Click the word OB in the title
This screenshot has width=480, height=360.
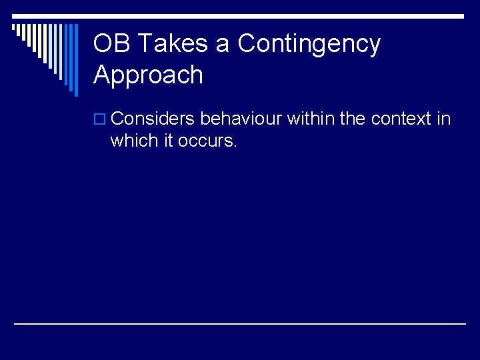click(x=109, y=44)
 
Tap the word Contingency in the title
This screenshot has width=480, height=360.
click(x=309, y=44)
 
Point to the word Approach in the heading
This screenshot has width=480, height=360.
click(x=148, y=75)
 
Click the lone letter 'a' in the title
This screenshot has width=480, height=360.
click(x=222, y=45)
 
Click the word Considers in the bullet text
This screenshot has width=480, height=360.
click(x=153, y=119)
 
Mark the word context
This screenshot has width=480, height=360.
click(x=401, y=119)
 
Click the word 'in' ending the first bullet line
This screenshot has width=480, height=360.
click(x=443, y=119)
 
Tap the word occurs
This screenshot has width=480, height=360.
click(x=207, y=141)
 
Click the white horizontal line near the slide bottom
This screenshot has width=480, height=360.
click(x=240, y=324)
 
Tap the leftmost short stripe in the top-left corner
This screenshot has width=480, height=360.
click(x=14, y=29)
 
